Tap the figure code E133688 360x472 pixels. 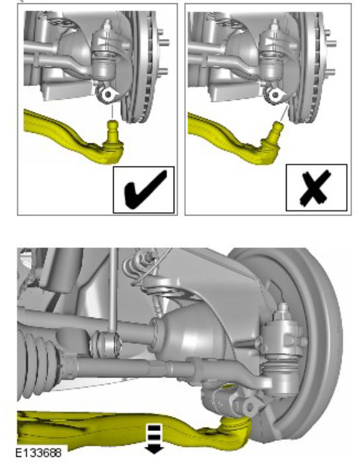(x=38, y=452)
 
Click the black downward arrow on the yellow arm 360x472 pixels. (x=154, y=438)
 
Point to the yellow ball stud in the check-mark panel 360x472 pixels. (x=112, y=131)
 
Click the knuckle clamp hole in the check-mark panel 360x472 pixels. (x=108, y=95)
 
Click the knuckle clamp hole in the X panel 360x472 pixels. (x=275, y=95)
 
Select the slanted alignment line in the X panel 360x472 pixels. (x=283, y=113)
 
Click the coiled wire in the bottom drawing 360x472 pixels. (x=135, y=268)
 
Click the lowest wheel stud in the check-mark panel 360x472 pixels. (x=163, y=72)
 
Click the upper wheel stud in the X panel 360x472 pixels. (x=330, y=32)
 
